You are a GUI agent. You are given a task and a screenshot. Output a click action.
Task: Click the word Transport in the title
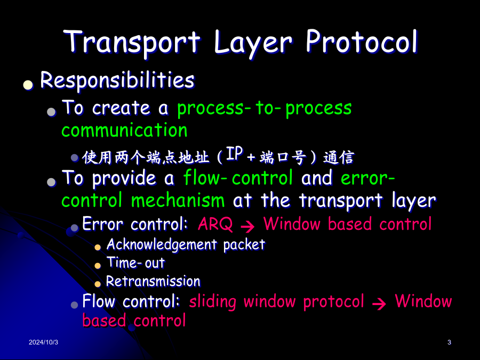click(x=132, y=42)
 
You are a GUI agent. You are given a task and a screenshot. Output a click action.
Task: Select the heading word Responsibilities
click(x=117, y=80)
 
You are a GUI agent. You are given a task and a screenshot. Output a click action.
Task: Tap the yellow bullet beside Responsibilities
click(x=28, y=85)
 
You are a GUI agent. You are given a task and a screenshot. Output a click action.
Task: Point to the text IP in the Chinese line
click(x=235, y=154)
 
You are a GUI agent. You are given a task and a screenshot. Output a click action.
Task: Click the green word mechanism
click(x=178, y=201)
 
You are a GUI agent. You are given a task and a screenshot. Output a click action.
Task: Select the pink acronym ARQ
click(x=215, y=224)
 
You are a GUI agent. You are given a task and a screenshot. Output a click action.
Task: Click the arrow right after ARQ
click(x=247, y=226)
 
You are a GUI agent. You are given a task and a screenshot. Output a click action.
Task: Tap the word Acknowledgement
click(x=162, y=245)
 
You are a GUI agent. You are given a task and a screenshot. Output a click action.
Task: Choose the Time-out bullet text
click(x=135, y=262)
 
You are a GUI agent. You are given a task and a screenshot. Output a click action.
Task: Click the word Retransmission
click(x=153, y=281)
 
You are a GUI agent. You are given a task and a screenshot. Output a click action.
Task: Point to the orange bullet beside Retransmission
click(x=98, y=284)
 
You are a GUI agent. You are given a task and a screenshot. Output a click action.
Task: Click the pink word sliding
click(x=213, y=301)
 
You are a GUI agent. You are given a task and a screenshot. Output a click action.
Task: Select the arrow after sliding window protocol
click(x=379, y=303)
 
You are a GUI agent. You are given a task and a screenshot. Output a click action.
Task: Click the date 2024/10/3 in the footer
click(x=44, y=342)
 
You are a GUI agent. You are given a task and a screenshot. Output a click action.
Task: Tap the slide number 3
click(x=449, y=342)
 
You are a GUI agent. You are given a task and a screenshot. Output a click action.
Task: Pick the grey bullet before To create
click(x=51, y=112)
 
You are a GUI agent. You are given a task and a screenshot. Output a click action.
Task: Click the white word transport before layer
click(x=341, y=201)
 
